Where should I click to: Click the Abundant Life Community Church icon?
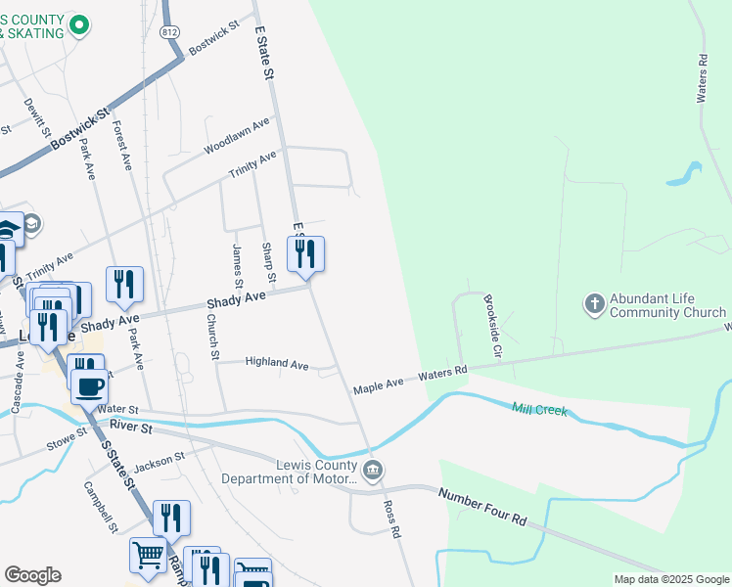click(x=595, y=304)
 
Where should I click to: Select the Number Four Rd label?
click(x=482, y=508)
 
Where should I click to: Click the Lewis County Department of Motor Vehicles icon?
click(x=372, y=472)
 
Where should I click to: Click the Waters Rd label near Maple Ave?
click(x=443, y=375)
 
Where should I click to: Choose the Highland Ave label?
click(x=277, y=363)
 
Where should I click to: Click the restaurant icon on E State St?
click(x=305, y=254)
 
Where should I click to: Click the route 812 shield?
click(x=171, y=31)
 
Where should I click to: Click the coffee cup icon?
click(x=91, y=385)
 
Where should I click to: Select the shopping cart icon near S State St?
click(x=148, y=555)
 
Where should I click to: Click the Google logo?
click(x=32, y=575)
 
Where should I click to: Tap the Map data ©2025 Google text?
click(x=670, y=579)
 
